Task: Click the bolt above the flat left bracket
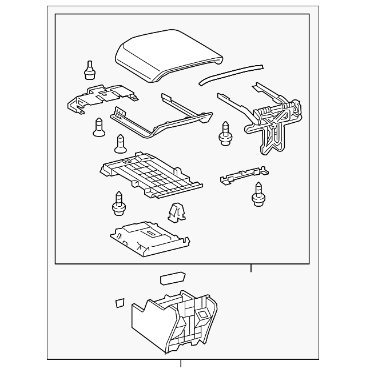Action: coord(89,69)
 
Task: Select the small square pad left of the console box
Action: coord(120,303)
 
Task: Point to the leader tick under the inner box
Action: coord(250,268)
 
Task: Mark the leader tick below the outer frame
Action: coord(181,364)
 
